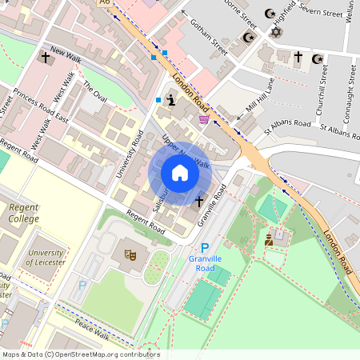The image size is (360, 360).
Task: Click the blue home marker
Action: (180, 173)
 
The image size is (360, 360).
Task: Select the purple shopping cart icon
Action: (205, 119)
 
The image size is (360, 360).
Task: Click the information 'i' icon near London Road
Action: (170, 100)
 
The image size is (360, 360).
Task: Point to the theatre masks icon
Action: (130, 254)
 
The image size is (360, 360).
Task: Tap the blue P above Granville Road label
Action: (204, 249)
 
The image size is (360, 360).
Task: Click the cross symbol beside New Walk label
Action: (45, 58)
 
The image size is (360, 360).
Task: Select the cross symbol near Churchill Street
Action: (298, 58)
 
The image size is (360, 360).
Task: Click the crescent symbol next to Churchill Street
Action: (318, 58)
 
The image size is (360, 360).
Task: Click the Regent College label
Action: (23, 213)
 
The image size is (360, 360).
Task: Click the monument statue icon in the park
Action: (270, 238)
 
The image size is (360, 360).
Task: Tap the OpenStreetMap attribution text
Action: (80, 354)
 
